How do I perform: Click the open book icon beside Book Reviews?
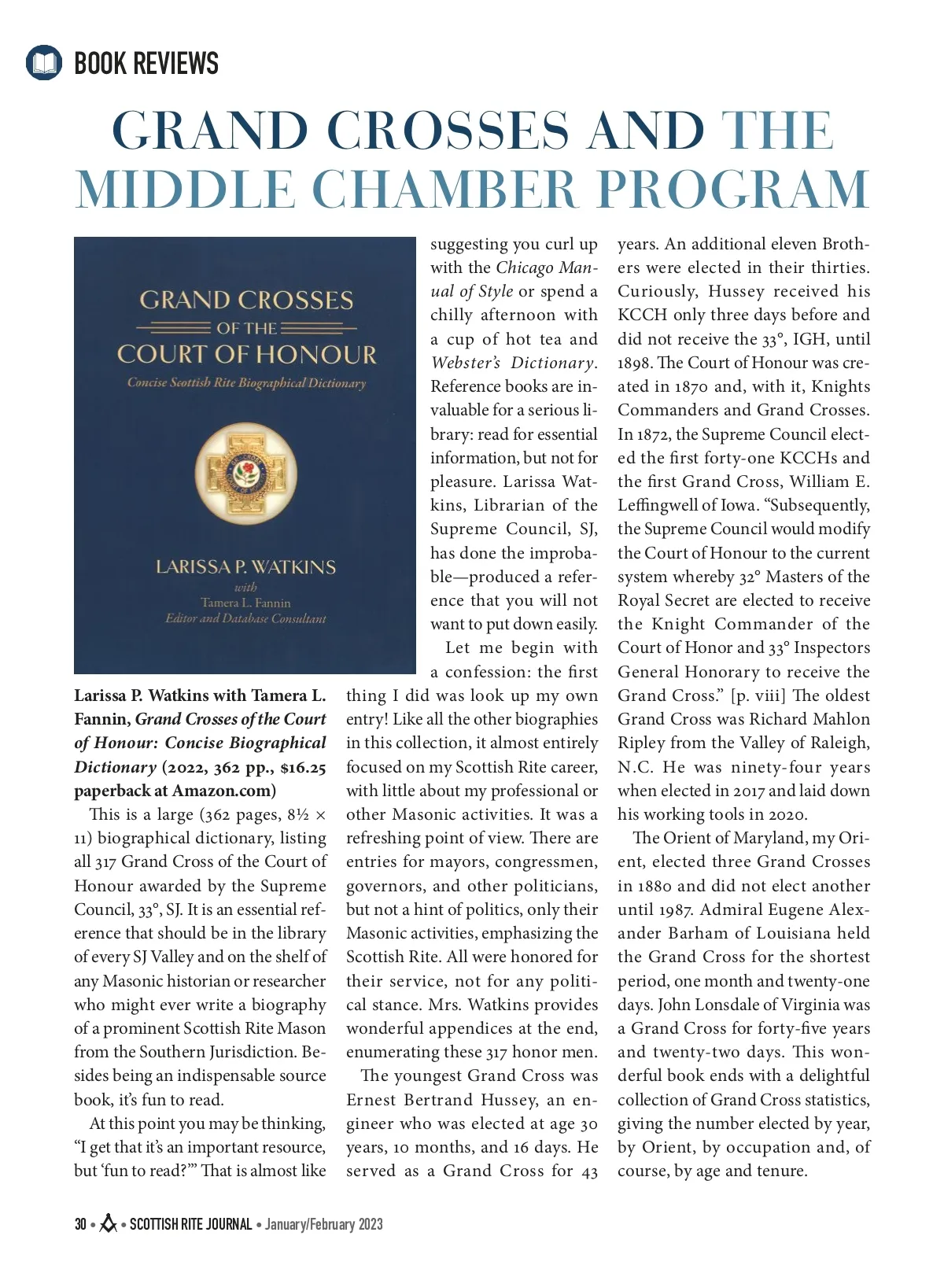(44, 63)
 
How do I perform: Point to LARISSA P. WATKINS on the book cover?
(245, 567)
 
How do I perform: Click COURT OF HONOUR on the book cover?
(246, 355)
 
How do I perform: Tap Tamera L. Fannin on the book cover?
(245, 603)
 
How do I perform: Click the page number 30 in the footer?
(80, 1224)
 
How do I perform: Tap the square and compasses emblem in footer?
(109, 1223)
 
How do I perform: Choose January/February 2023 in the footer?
(324, 1224)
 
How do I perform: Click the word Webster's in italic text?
(465, 363)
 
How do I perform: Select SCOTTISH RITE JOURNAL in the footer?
(190, 1224)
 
